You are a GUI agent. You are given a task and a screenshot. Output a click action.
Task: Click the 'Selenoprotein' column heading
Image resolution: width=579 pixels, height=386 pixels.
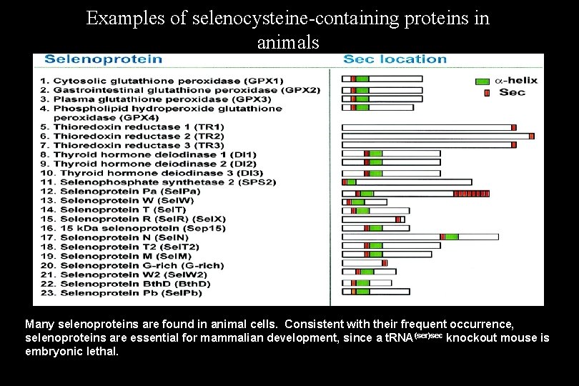[x=104, y=59]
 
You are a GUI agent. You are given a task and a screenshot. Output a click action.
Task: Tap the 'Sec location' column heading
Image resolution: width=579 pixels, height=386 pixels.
[x=395, y=59]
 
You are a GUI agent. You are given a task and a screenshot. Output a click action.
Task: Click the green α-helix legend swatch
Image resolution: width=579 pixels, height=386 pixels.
[x=482, y=81]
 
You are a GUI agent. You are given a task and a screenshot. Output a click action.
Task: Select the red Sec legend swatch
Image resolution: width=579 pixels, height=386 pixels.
[x=487, y=92]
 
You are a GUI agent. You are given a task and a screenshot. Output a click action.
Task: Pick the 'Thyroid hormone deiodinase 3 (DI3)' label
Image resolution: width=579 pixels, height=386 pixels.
[x=152, y=173]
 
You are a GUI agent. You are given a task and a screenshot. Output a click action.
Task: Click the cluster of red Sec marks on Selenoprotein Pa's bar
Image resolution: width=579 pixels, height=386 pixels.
[x=472, y=193]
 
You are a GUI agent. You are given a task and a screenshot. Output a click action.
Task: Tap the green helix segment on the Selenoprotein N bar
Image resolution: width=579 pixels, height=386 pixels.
[x=452, y=237]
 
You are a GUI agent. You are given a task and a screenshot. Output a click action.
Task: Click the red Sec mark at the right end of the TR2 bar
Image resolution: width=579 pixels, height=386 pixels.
[x=531, y=136]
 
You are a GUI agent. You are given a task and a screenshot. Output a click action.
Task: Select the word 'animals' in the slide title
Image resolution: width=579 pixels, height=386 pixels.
[x=287, y=42]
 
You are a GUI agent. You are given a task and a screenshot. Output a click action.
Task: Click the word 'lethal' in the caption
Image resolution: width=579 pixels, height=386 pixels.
[x=103, y=352]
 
